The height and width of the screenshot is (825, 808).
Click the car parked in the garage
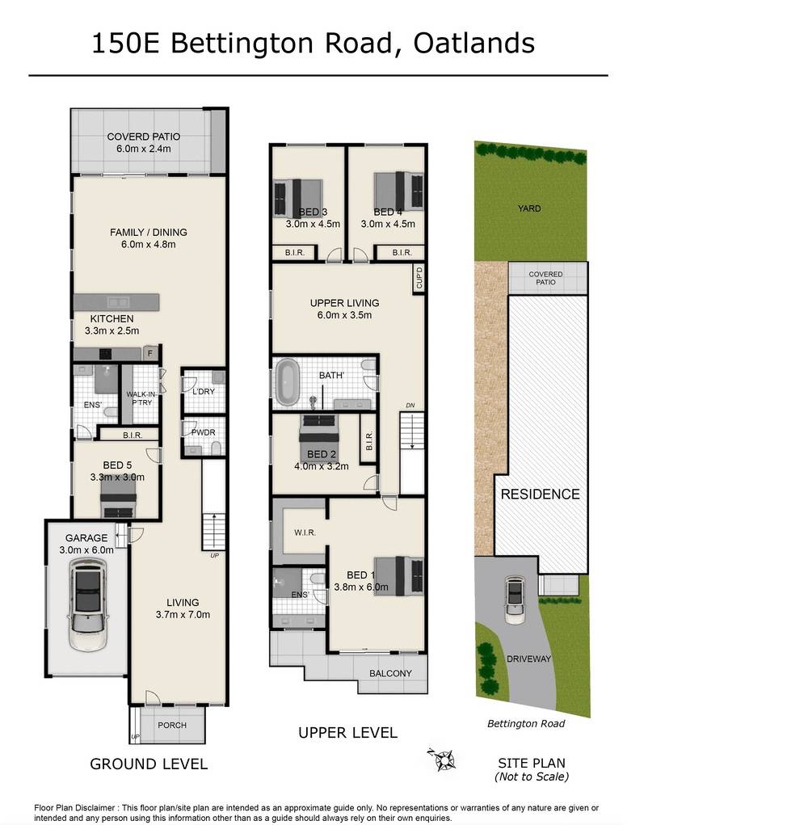88,604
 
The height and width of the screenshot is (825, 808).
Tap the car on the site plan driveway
515,600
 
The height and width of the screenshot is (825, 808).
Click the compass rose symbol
443,760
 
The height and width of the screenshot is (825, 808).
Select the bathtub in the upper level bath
287,382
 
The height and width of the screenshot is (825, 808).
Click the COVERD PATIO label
144,137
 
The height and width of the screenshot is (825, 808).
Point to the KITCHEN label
112,319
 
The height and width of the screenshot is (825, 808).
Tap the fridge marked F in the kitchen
150,353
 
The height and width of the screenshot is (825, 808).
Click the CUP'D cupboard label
419,278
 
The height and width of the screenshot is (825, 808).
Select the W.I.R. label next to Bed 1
305,533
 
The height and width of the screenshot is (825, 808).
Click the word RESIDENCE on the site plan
541,494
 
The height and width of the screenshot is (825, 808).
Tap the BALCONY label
390,673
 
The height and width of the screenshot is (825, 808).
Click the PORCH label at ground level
172,725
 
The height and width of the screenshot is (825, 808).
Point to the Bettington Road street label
526,724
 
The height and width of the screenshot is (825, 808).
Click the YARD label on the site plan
529,208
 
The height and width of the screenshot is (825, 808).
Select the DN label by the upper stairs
410,405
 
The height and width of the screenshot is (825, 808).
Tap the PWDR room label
204,432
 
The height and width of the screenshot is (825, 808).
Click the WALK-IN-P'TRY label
141,398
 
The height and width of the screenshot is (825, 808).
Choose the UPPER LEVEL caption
347,733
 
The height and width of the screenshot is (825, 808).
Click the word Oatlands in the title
474,43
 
